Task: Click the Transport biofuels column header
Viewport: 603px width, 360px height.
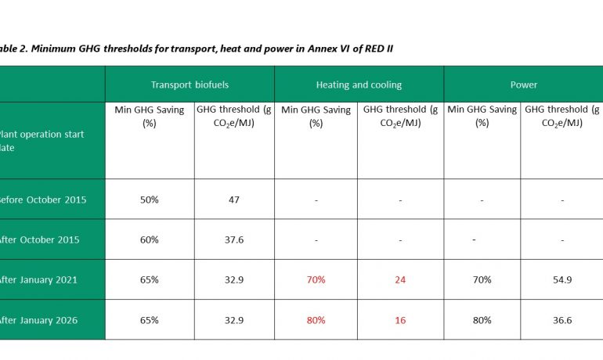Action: pos(190,85)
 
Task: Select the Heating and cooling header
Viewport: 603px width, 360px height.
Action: pos(359,85)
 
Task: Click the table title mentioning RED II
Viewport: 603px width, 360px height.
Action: pos(196,49)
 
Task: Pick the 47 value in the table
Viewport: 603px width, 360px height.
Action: pos(233,200)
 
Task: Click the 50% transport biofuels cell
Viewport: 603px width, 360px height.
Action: pos(149,200)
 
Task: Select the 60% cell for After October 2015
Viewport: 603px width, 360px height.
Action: pos(149,239)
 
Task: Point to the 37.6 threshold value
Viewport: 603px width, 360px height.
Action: pos(233,239)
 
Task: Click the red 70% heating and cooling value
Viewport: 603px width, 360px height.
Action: pos(316,279)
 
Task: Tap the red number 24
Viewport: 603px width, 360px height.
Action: pos(400,279)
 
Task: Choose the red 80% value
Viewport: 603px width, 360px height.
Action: pos(316,320)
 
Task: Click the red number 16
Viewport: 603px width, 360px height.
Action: pos(400,320)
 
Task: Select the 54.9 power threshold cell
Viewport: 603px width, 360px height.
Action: pos(562,279)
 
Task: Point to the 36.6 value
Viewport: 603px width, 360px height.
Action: pos(562,320)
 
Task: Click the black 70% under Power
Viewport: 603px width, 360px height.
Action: pos(482,279)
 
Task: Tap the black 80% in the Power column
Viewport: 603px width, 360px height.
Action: pos(482,320)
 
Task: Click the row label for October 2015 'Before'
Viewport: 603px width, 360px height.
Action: pos(42,200)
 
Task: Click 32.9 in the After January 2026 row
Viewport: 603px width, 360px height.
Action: pos(233,320)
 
